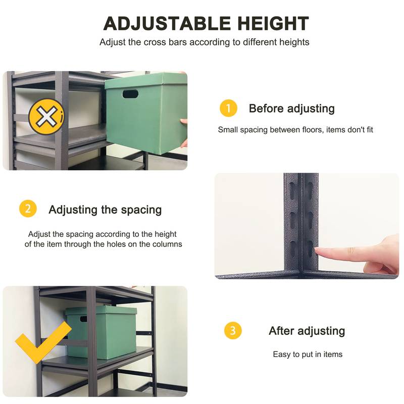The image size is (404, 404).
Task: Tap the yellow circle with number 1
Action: tap(228, 108)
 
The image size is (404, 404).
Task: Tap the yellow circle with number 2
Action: tap(28, 209)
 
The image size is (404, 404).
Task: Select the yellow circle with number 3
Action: tap(233, 331)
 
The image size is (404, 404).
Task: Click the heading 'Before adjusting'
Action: tap(291, 109)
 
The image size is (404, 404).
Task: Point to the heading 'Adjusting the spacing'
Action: tap(105, 210)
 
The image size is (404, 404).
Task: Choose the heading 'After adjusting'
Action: tap(307, 331)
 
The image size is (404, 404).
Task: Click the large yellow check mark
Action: tap(43, 343)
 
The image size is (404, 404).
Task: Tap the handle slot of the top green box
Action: tap(129, 94)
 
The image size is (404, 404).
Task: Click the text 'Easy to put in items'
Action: tap(308, 355)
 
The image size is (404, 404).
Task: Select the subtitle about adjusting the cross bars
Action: tap(204, 42)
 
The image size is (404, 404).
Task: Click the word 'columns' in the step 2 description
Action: tap(167, 244)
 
